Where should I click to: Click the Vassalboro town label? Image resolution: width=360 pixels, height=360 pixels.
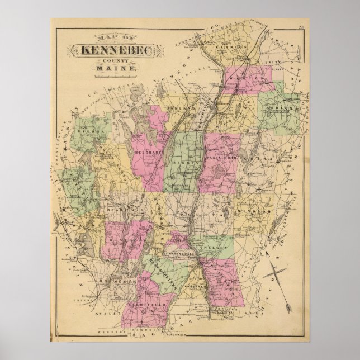pos(222,159)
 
